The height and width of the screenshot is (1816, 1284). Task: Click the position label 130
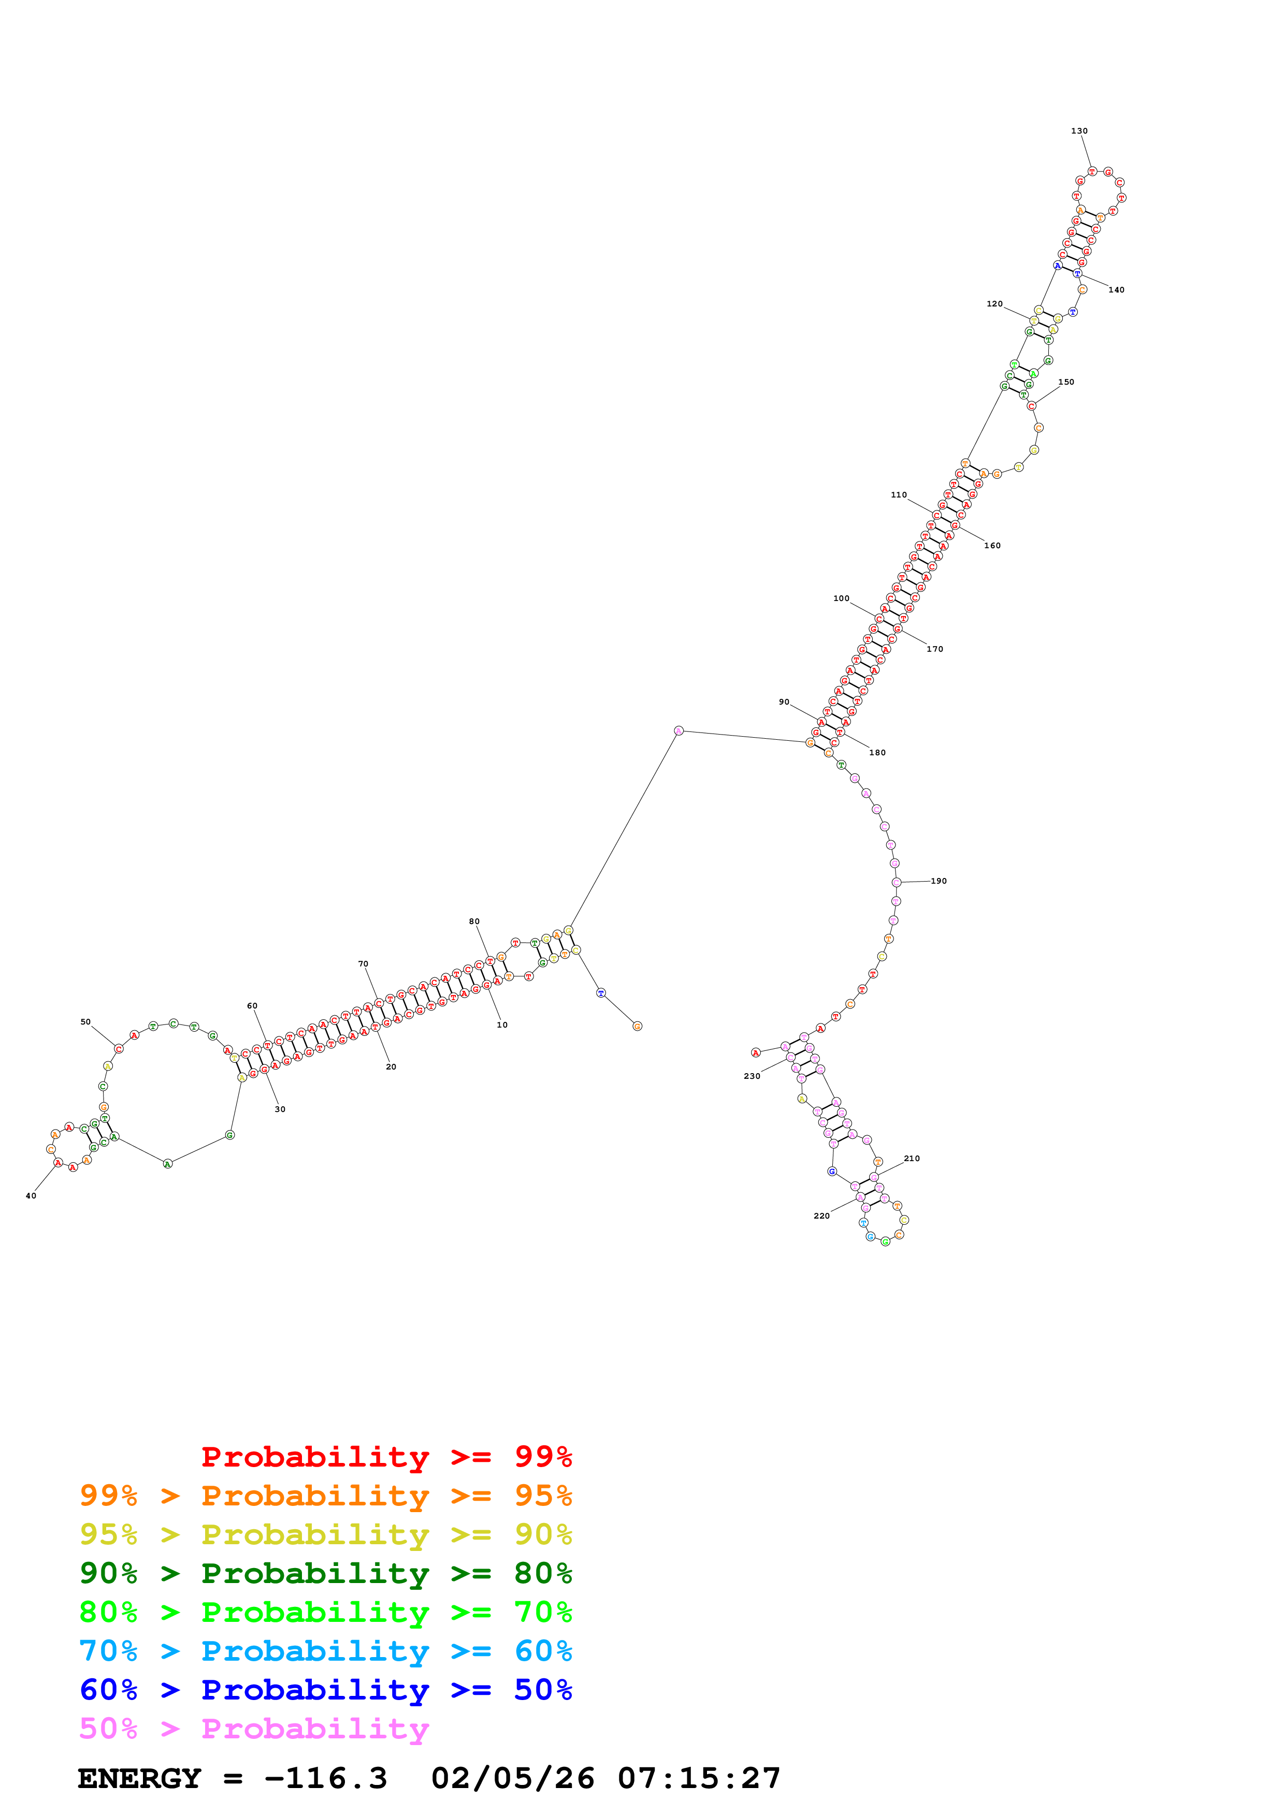tap(1078, 131)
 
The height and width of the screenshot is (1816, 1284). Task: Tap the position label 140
tap(1116, 290)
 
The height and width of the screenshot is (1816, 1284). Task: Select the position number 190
tap(939, 881)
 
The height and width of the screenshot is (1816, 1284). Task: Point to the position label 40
tap(31, 1196)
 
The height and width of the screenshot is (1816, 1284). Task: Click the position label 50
tap(85, 1022)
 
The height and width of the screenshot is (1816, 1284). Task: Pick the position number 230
tap(752, 1076)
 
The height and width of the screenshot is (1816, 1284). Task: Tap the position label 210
tap(912, 1159)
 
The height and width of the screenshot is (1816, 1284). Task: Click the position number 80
tap(474, 921)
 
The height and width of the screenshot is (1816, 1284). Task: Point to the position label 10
tap(501, 1025)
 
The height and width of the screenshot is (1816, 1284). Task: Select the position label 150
tap(1065, 382)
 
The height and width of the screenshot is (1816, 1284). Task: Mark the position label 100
tap(841, 599)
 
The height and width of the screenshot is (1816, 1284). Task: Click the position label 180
tap(876, 753)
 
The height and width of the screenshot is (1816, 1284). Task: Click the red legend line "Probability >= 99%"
tap(386, 1457)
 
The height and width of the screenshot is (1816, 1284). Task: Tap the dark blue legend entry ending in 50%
tap(326, 1690)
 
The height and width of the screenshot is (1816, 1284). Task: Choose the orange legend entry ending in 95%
tap(326, 1496)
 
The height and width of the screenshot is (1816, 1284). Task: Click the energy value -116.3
tap(325, 1779)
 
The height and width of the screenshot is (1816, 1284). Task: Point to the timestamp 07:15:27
tap(699, 1779)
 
